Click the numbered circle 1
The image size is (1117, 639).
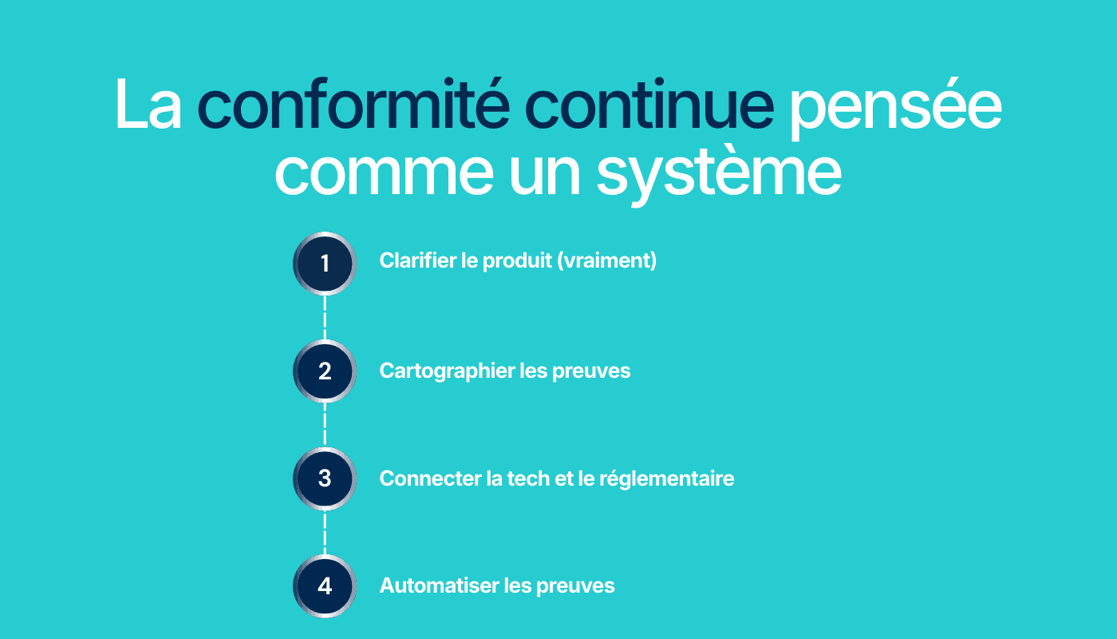[325, 264]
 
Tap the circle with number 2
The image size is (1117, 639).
[325, 371]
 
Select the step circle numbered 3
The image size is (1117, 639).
[325, 478]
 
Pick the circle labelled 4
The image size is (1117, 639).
[325, 586]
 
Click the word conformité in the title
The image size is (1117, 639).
[353, 104]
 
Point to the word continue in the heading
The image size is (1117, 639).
[649, 104]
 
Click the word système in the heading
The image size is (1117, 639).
[719, 173]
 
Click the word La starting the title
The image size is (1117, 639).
[148, 104]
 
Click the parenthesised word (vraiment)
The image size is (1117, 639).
[606, 261]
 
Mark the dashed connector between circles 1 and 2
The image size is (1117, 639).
[325, 318]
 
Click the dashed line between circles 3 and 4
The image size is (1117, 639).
[325, 532]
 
